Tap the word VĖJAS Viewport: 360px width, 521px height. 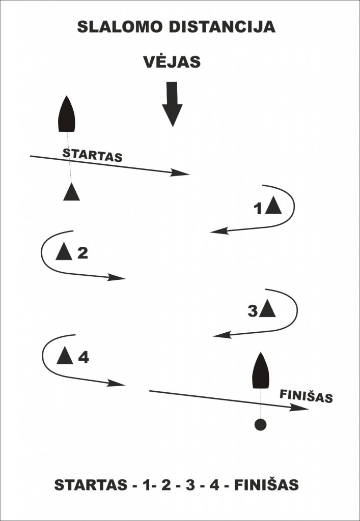172,62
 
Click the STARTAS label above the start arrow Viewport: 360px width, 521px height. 92,155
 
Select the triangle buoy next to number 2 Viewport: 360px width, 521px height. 64,251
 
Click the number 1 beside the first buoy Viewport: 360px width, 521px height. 258,208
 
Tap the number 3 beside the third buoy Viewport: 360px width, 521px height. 253,311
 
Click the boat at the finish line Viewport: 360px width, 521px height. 261,371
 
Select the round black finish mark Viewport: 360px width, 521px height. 260,425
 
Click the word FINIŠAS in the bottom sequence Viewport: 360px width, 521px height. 266,485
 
